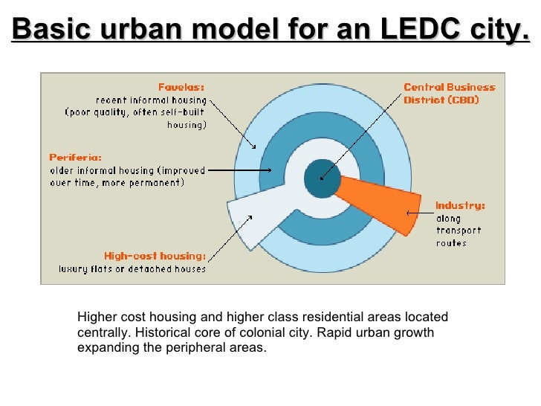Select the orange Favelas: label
coord(182,86)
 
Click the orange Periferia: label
coord(75,157)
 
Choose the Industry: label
coord(459,204)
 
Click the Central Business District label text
coord(449,93)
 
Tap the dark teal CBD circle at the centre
coord(323,178)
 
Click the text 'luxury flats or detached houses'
coord(132,268)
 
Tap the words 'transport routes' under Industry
coord(458,236)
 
